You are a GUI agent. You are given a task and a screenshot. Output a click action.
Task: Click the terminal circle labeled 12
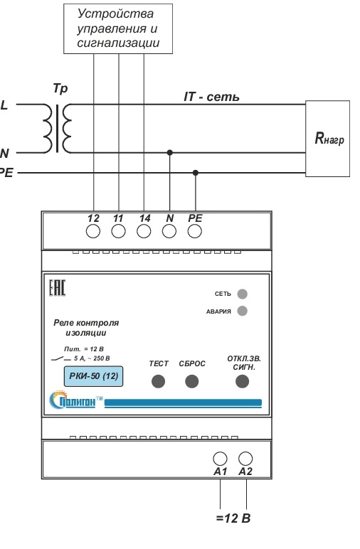[x=93, y=231]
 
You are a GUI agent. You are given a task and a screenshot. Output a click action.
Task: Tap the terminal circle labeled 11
[x=118, y=231]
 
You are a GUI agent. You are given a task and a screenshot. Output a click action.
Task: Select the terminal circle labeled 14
[x=144, y=231]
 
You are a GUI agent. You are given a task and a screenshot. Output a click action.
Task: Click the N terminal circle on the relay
[x=169, y=231]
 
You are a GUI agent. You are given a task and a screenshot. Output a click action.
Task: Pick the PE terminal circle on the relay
[x=195, y=231]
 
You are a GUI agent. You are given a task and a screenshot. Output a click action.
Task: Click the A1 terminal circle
[x=221, y=458]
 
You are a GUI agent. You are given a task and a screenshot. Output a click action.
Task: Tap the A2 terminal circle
[x=245, y=458]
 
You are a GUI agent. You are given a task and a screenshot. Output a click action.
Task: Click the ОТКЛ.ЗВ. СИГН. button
[x=242, y=381]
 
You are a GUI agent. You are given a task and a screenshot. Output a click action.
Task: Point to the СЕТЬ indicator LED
[x=243, y=294]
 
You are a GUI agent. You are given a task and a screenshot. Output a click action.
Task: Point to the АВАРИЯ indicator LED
[x=243, y=311]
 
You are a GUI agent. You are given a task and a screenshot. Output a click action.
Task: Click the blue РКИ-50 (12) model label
[x=93, y=376]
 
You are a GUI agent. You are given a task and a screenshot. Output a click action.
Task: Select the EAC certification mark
[x=57, y=288]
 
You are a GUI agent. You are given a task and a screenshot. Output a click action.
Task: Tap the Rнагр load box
[x=328, y=139]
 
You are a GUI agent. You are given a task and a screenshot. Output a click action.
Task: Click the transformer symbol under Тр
[x=58, y=128]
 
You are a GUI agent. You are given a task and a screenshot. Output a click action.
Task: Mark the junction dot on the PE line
[x=196, y=173]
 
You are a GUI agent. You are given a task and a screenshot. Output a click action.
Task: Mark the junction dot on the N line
[x=170, y=152]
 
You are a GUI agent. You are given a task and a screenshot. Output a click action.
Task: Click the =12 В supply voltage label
[x=233, y=518]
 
